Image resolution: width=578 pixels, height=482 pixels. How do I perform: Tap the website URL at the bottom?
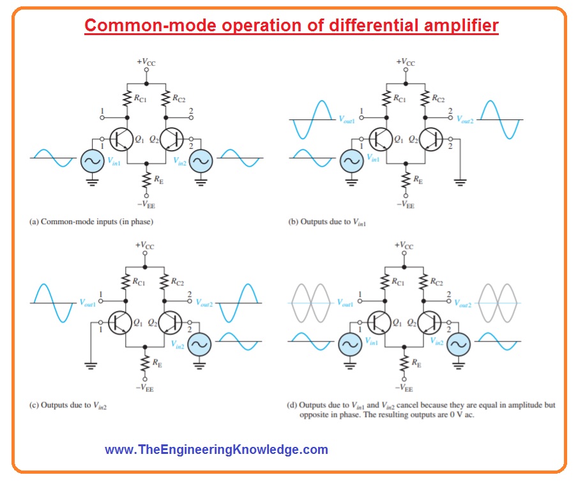click(x=217, y=449)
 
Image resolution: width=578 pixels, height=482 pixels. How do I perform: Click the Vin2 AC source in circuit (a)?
click(x=201, y=161)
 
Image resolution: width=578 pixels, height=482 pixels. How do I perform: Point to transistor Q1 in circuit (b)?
click(x=381, y=139)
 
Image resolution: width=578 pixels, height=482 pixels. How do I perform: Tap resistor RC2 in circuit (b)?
click(x=425, y=99)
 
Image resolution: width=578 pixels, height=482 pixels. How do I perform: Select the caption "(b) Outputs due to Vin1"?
click(x=327, y=222)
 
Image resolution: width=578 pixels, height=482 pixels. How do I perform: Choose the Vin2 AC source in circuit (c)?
click(x=200, y=345)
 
